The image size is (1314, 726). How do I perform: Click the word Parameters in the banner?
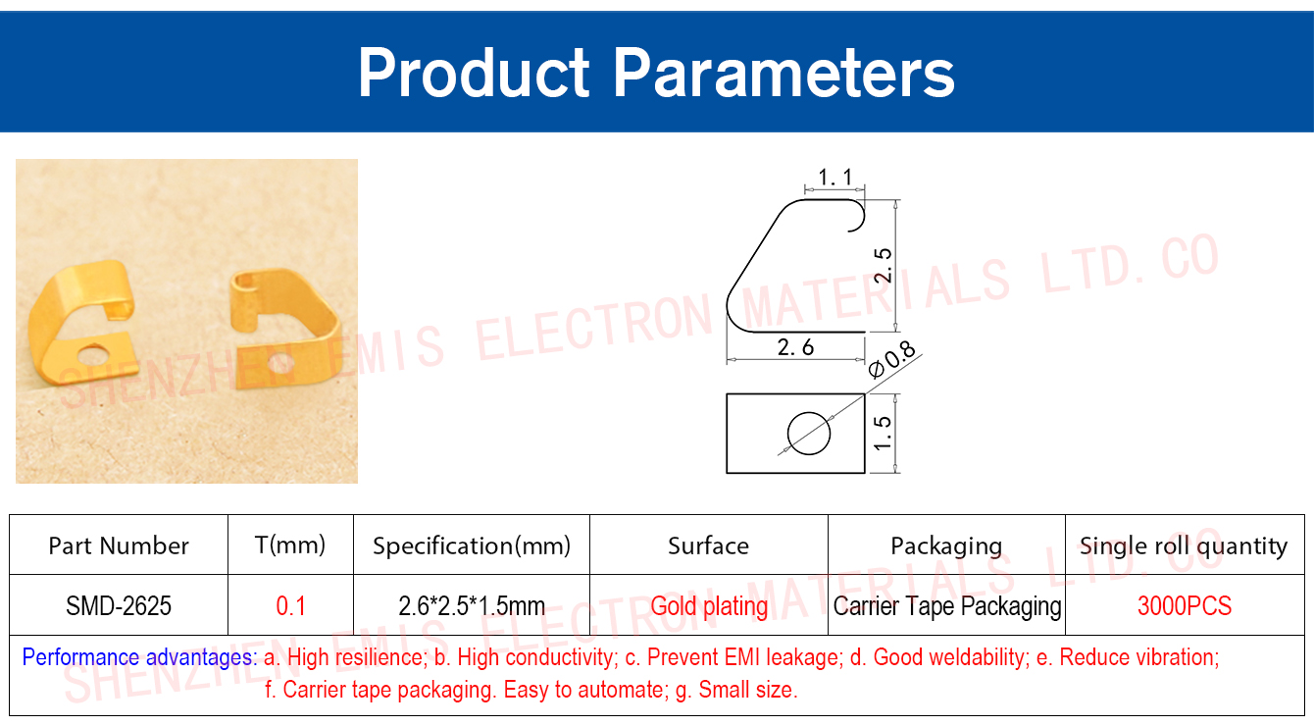click(783, 74)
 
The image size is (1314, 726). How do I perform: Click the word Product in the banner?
click(474, 73)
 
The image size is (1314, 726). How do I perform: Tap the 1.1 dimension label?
click(834, 177)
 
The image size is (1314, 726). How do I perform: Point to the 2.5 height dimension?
click(883, 265)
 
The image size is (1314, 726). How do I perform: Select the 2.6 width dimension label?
click(795, 347)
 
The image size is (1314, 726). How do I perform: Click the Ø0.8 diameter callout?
click(891, 359)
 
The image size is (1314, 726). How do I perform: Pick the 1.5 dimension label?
click(883, 433)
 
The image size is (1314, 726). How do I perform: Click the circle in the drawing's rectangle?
click(809, 433)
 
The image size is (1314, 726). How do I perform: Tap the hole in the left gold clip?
click(94, 355)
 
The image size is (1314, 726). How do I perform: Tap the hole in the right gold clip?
click(281, 363)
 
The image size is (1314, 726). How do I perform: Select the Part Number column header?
click(119, 545)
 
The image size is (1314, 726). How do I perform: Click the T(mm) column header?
click(290, 545)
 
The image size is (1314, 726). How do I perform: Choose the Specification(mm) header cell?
click(472, 545)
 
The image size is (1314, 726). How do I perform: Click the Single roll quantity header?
click(1184, 545)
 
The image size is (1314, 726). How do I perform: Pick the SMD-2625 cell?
click(119, 605)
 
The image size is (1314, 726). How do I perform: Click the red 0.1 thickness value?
click(291, 605)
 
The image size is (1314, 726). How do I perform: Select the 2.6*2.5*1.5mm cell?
click(472, 605)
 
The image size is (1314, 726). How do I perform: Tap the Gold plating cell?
click(709, 606)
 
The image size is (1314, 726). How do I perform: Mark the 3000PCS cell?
click(1185, 605)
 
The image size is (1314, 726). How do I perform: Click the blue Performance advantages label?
click(139, 657)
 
